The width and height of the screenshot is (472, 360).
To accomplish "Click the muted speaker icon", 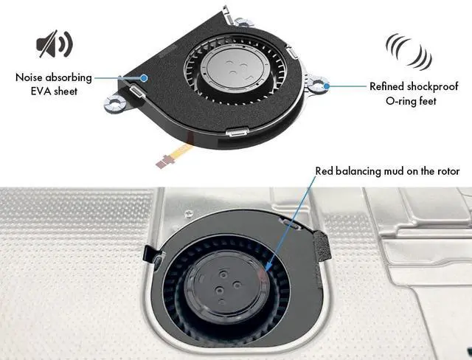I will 54,46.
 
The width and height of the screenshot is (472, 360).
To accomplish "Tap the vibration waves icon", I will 408,50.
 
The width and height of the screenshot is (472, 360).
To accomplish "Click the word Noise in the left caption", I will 34,77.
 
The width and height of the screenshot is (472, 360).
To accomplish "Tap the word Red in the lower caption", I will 324,172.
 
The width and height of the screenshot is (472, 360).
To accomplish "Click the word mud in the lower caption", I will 398,172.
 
